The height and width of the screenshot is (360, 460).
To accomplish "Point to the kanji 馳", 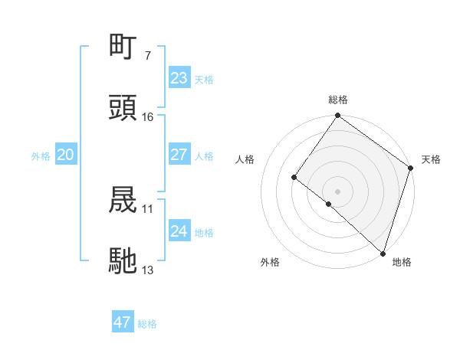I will click(x=123, y=260).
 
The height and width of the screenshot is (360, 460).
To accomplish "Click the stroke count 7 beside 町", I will click(x=147, y=56).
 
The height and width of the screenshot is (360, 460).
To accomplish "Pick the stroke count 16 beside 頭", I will click(x=148, y=116).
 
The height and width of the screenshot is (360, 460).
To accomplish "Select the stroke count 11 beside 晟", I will click(x=148, y=208).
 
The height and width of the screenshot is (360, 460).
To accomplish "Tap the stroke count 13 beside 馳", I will click(x=148, y=270).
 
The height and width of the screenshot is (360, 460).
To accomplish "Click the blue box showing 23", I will click(x=179, y=78).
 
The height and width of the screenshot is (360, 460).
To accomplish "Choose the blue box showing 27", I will click(x=179, y=155).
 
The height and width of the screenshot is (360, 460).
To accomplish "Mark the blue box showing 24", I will click(x=179, y=231).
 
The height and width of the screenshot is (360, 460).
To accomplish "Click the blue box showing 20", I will click(x=65, y=155).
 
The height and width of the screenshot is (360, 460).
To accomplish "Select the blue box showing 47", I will click(x=122, y=322).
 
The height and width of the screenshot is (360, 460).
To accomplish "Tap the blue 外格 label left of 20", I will click(x=41, y=156).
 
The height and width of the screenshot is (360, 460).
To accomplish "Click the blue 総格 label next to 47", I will click(x=147, y=324).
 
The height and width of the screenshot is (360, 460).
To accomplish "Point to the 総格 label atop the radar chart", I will click(x=337, y=100).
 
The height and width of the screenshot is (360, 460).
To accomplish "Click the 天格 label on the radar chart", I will click(x=431, y=159).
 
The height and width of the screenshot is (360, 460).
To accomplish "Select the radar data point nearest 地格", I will click(x=382, y=252).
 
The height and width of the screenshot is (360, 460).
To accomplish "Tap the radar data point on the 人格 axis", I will click(x=294, y=177).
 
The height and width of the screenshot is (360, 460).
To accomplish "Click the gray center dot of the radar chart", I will click(x=337, y=191).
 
